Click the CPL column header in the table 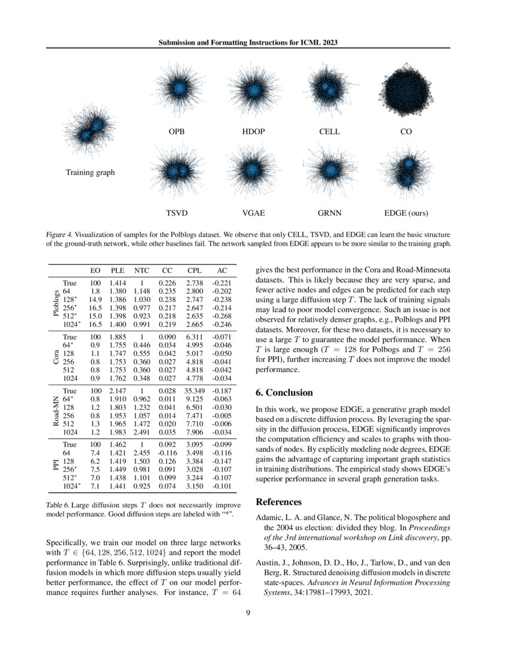(x=194, y=270)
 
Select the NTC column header (x=142, y=270)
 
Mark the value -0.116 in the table (x=168, y=454)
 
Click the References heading (x=278, y=501)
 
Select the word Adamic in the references (x=269, y=517)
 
